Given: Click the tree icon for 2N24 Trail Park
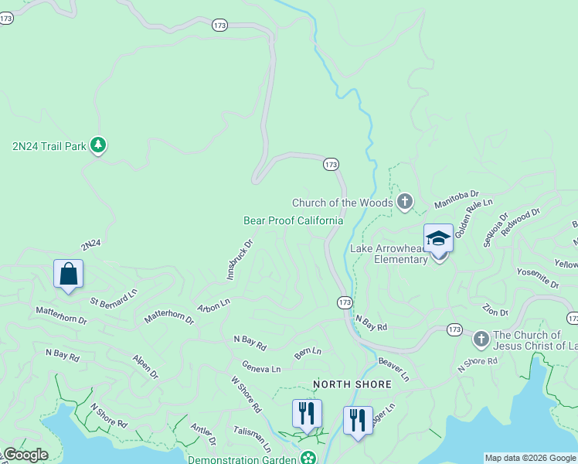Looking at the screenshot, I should point(98,145).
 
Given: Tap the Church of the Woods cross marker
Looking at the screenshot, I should point(404,203).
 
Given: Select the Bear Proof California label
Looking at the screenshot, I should point(293,220).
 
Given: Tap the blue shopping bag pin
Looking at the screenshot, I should point(68,274).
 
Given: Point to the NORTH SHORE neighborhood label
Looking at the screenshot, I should point(352,384).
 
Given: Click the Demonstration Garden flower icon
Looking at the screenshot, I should point(309,459).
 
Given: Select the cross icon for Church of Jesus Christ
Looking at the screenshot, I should point(481,339).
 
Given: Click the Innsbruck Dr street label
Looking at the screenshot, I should point(240,259).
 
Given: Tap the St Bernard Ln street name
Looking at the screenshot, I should point(114,296).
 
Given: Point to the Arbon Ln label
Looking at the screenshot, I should point(213,305).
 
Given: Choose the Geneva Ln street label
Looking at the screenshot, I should point(261,368).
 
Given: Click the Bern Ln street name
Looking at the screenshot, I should point(307,353).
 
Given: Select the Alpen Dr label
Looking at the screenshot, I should point(144,367).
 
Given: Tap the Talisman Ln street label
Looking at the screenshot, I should point(253,442).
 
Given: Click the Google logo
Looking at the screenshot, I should point(25,455).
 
